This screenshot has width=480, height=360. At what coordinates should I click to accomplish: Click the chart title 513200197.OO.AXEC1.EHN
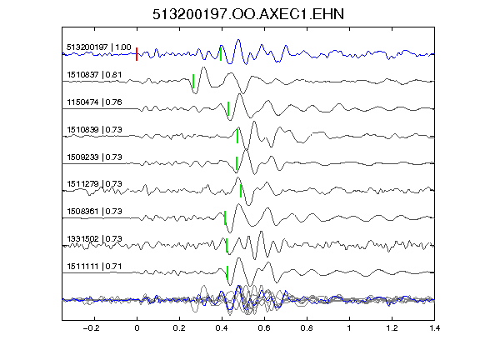(248, 14)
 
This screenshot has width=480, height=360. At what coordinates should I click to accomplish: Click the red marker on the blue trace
(137, 54)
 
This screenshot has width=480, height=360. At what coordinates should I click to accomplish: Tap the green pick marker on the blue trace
(221, 54)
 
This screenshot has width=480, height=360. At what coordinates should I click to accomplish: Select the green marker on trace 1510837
(193, 81)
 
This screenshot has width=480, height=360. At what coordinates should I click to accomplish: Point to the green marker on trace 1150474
(228, 108)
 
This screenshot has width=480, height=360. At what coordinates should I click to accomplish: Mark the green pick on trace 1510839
(237, 136)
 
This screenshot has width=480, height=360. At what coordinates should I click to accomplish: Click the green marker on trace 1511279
(241, 191)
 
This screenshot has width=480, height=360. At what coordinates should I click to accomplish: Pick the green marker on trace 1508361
(225, 218)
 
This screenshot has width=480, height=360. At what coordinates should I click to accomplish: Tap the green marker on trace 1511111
(227, 272)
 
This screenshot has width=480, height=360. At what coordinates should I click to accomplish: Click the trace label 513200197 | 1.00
(99, 47)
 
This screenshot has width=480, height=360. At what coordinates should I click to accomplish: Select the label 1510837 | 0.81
(94, 75)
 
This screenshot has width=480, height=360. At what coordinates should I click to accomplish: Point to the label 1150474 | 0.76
(94, 102)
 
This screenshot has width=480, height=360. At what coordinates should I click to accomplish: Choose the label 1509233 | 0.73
(94, 157)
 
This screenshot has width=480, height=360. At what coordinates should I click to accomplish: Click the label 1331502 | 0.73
(94, 239)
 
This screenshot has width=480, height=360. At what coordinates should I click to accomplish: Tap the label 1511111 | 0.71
(94, 267)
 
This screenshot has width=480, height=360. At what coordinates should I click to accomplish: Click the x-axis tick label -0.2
(92, 328)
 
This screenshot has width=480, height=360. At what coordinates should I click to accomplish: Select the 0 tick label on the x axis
(137, 328)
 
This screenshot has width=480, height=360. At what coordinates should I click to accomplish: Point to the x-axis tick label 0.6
(264, 328)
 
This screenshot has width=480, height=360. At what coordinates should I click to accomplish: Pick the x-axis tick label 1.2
(392, 328)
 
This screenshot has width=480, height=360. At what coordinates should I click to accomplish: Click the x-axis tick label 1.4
(434, 328)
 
